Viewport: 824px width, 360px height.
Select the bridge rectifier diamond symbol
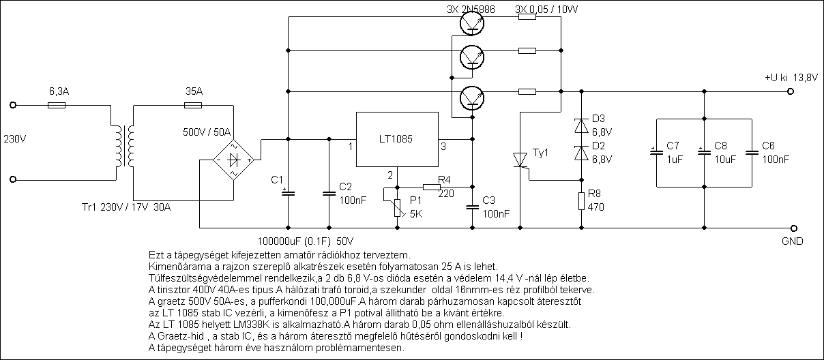click(233, 160)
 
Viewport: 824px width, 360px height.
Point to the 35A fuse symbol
click(193, 106)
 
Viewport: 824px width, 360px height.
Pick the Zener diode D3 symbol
click(580, 126)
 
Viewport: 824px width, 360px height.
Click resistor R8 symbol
click(580, 200)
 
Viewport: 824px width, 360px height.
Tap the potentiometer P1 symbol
click(398, 206)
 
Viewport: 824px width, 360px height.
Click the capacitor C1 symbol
click(288, 192)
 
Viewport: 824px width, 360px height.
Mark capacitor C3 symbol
click(471, 206)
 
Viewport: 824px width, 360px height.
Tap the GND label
click(793, 241)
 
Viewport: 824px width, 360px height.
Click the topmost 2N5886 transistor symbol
click(471, 23)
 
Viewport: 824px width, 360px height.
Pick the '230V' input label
click(15, 140)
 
